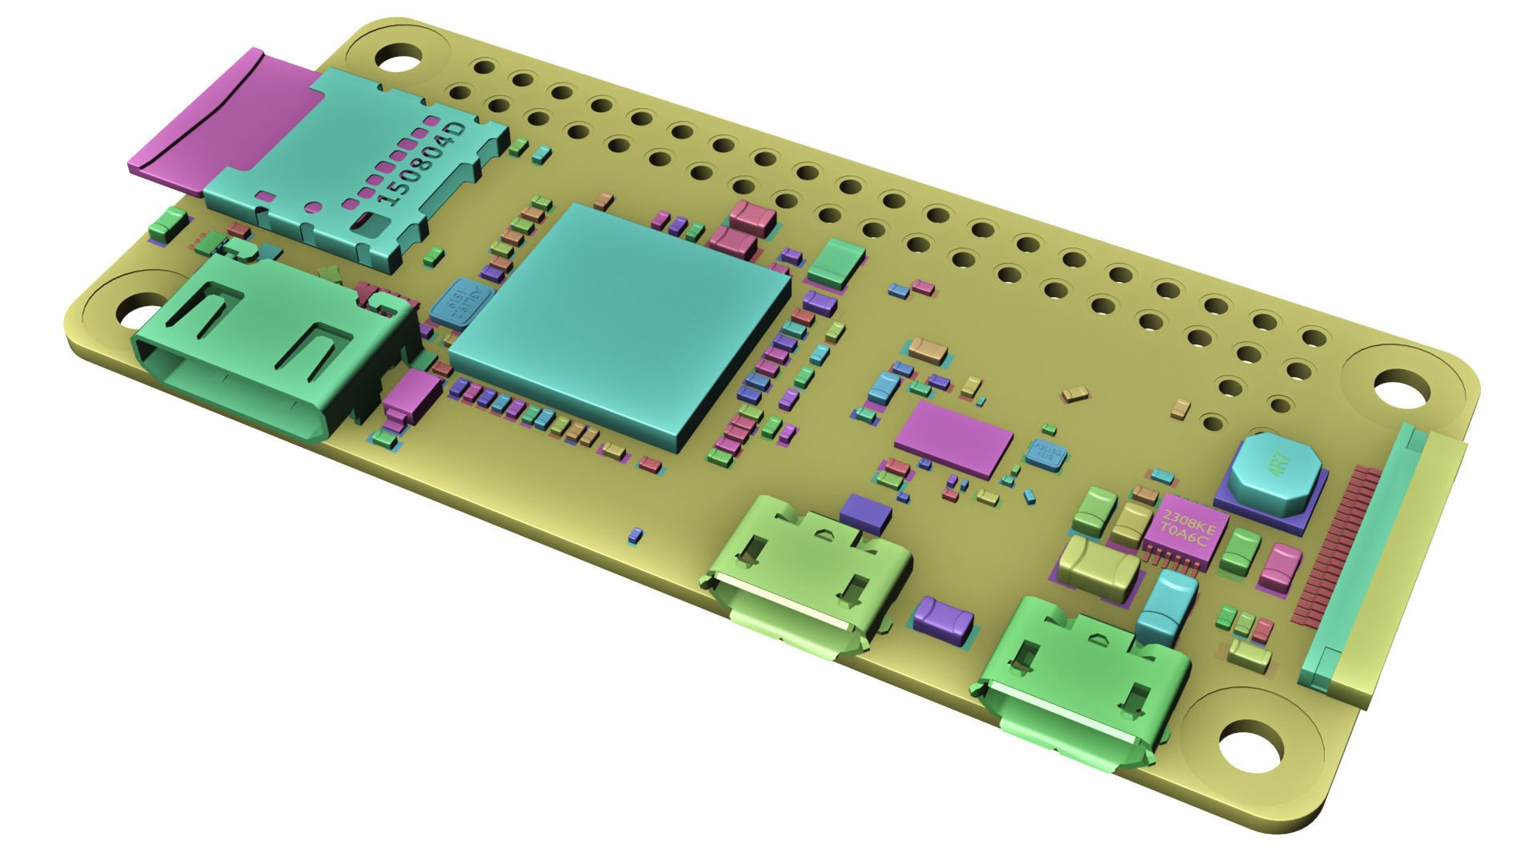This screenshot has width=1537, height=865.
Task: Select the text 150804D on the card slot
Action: point(420,164)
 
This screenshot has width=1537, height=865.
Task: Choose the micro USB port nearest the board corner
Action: point(1081,685)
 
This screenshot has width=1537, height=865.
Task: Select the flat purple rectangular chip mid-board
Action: point(953,439)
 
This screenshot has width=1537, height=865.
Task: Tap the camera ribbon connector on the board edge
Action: point(1377,561)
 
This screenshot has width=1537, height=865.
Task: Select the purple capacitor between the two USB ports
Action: point(943,620)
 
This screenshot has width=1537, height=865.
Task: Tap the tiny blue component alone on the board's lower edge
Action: point(635,535)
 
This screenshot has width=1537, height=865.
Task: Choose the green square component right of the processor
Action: point(836,262)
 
